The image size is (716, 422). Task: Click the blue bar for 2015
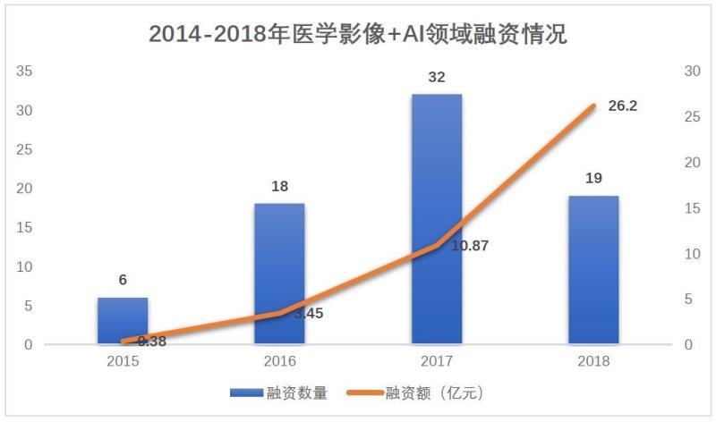click(123, 321)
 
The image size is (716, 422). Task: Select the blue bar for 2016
click(279, 274)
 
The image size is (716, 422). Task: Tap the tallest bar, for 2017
click(437, 219)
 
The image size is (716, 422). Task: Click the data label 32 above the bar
click(437, 78)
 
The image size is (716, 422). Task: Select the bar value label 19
click(593, 179)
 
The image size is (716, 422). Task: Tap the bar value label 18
click(279, 186)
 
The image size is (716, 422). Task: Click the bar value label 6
click(123, 280)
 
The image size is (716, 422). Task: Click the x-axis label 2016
click(279, 362)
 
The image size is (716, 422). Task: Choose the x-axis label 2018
click(593, 362)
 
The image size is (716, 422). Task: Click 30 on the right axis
click(690, 71)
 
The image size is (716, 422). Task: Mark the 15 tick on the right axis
click(690, 207)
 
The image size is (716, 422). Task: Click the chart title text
click(358, 34)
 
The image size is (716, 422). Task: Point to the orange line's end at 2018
click(592, 105)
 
